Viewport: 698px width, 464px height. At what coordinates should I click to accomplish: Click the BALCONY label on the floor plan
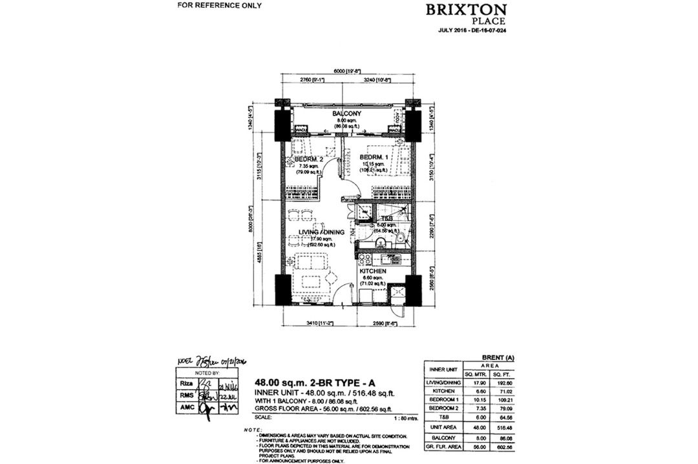pos(346,114)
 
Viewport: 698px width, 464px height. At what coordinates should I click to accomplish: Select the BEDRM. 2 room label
pos(309,158)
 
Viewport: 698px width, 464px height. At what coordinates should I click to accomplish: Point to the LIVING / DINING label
pos(321,231)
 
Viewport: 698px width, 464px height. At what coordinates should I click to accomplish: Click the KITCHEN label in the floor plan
pos(373,271)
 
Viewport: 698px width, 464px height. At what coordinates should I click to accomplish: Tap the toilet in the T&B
pos(401,238)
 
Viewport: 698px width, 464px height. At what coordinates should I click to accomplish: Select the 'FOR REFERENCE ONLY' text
pos(220,5)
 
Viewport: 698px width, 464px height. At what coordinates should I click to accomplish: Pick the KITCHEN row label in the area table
pos(440,391)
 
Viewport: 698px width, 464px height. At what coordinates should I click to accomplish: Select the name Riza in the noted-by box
pos(185,383)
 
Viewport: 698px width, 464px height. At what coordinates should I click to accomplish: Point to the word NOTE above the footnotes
pos(253,429)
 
